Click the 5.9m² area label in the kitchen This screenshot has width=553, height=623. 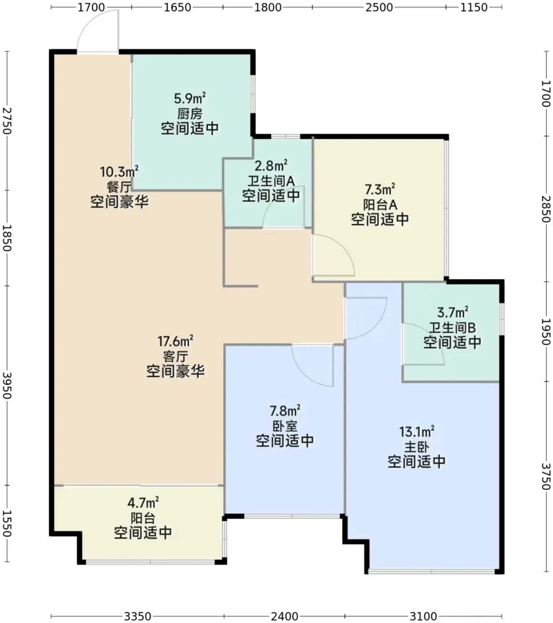[x=190, y=98]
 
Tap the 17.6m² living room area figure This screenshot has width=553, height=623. [x=175, y=341]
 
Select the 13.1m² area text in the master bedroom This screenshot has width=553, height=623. [x=416, y=432]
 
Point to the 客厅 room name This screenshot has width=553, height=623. [x=175, y=357]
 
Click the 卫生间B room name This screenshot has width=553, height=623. [x=452, y=328]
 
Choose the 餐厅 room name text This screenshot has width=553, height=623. [x=119, y=186]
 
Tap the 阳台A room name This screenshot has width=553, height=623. [x=380, y=205]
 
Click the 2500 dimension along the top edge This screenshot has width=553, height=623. [x=379, y=7]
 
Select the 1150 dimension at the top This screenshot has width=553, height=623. [x=474, y=7]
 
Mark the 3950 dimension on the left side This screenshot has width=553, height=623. [x=7, y=386]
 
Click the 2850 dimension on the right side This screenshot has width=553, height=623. [x=546, y=209]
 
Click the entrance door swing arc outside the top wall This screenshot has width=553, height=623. [x=89, y=21]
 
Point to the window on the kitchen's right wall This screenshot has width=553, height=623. [x=253, y=94]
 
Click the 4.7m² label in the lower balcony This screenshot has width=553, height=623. [x=143, y=503]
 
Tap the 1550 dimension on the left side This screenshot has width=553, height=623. [x=7, y=524]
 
